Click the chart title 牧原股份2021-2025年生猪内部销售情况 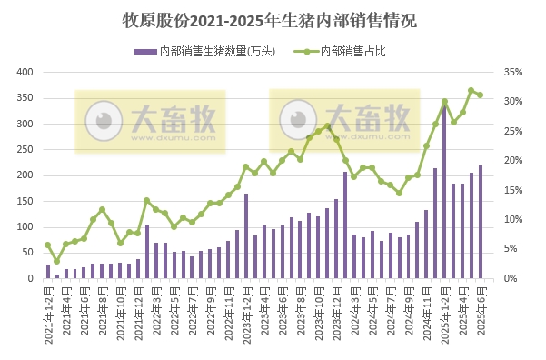tap(273, 19)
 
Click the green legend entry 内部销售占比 tap(343, 51)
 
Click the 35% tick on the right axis tap(513, 72)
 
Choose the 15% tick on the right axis tap(513, 190)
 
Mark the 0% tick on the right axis tap(512, 278)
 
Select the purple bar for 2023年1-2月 tap(246, 236)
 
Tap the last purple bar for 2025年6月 tap(481, 222)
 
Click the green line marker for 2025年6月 tap(481, 95)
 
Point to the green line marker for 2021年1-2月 tap(48, 245)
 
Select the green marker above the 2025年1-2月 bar tap(444, 101)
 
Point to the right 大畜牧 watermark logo tap(343, 120)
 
